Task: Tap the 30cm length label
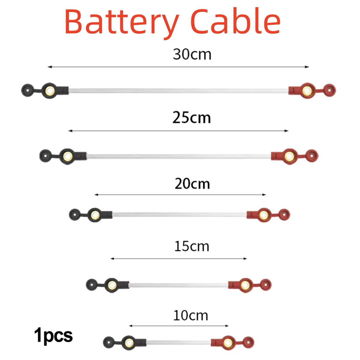click(192, 54)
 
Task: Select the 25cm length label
click(192, 118)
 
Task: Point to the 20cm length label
click(192, 183)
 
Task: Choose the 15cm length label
click(192, 246)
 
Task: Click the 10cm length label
click(191, 316)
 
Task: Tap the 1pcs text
click(53, 335)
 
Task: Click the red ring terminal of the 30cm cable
click(308, 90)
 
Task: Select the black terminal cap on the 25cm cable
click(45, 156)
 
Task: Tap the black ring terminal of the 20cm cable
click(95, 214)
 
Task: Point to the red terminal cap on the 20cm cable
click(284, 214)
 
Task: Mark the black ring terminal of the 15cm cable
click(112, 284)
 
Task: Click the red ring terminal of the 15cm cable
click(246, 284)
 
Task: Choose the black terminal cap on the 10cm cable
click(108, 342)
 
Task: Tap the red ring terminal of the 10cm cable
click(228, 342)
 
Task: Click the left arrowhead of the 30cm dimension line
click(49, 67)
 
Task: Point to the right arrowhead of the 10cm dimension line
click(227, 326)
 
